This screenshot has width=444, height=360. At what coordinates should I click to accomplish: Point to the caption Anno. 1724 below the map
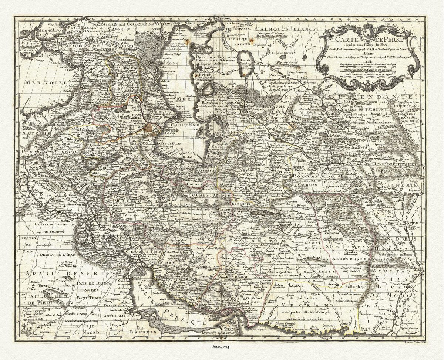(222, 346)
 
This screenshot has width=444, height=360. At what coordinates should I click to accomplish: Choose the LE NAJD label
(81, 327)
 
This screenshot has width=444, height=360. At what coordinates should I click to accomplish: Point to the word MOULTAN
(395, 271)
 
